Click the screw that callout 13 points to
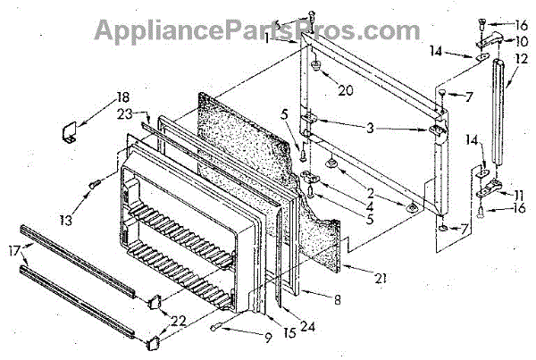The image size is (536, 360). (93, 185)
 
